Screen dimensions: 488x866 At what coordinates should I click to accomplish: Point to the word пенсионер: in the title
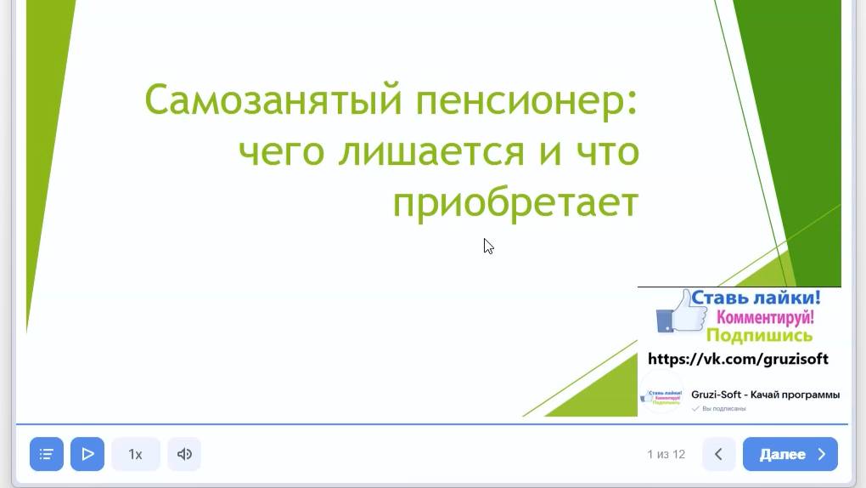527,100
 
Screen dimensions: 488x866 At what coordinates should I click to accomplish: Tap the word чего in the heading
281,152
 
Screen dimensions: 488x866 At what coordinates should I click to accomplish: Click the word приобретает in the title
515,204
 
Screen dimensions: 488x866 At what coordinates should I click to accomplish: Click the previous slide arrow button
718,454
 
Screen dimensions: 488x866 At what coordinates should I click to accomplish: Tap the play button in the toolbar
87,454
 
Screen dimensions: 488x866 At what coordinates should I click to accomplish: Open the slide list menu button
47,454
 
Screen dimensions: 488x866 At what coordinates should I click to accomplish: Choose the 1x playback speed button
135,454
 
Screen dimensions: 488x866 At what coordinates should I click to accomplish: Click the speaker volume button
184,454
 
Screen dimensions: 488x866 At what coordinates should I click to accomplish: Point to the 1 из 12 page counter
666,454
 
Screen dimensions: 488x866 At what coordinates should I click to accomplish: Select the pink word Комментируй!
765,317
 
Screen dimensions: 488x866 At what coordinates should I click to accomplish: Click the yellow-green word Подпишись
759,335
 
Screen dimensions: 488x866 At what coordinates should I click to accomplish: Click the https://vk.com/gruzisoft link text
738,359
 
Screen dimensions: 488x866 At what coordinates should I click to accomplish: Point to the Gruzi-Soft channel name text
765,394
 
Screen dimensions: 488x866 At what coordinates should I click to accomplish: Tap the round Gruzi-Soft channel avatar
662,396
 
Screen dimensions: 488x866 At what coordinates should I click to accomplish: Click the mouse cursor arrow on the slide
488,246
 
